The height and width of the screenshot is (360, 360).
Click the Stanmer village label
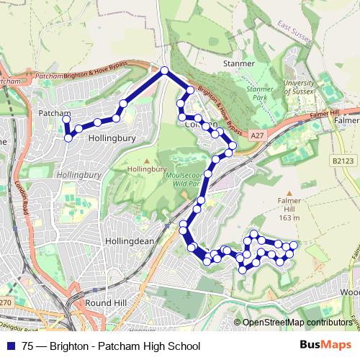pos(239,63)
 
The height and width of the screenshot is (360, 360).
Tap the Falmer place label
pos(346,121)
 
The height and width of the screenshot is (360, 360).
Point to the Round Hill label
pos(102,303)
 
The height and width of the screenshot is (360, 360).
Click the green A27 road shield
pos(258,135)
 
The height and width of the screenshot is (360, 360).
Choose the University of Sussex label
pos(299,88)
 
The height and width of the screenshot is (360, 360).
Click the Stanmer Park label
pos(260,93)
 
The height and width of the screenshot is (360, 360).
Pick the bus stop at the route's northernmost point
pos(164,71)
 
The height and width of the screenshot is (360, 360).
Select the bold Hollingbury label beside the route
pos(107,143)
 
